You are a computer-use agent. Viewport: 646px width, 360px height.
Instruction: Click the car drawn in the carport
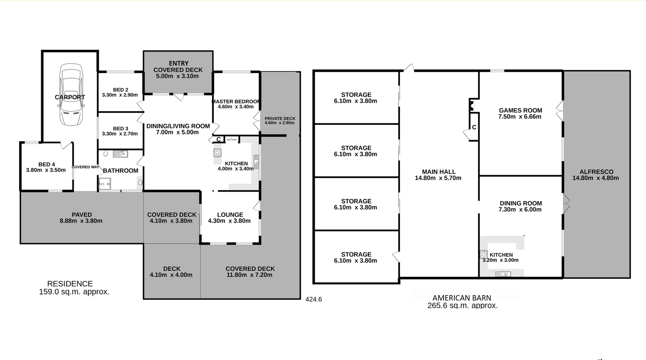pyautogui.click(x=71, y=95)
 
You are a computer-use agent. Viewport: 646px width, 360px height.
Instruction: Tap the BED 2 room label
pyautogui.click(x=120, y=90)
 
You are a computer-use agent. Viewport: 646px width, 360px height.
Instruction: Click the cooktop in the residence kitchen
pyautogui.click(x=218, y=153)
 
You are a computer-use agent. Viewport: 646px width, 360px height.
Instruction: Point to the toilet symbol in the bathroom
pyautogui.click(x=106, y=154)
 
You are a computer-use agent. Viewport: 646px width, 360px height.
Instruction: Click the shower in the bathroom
pyautogui.click(x=105, y=184)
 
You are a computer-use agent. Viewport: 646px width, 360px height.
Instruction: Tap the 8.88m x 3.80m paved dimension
pyautogui.click(x=81, y=221)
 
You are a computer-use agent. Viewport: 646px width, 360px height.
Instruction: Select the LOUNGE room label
pyautogui.click(x=230, y=215)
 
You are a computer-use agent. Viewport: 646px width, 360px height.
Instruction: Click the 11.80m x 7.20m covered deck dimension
pyautogui.click(x=249, y=275)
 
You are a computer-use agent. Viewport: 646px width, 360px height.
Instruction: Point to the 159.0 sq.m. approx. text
pyautogui.click(x=74, y=292)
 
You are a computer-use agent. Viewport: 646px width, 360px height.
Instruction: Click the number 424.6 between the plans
pyautogui.click(x=314, y=299)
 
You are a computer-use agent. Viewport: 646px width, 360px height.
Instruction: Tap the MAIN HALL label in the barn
pyautogui.click(x=439, y=172)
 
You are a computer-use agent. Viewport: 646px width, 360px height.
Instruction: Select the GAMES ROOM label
pyautogui.click(x=520, y=110)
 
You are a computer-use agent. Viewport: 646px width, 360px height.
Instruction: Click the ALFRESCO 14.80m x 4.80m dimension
pyautogui.click(x=595, y=178)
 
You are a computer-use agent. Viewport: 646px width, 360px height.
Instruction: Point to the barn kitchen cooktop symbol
pyautogui.click(x=483, y=254)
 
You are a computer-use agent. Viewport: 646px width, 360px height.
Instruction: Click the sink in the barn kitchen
pyautogui.click(x=503, y=274)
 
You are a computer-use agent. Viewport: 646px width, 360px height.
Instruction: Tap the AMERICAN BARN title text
pyautogui.click(x=462, y=298)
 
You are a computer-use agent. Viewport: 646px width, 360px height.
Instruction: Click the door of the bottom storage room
pyautogui.click(x=396, y=257)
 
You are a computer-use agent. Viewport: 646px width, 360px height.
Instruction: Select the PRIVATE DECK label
pyautogui.click(x=280, y=119)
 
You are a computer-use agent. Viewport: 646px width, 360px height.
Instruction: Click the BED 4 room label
pyautogui.click(x=46, y=164)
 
